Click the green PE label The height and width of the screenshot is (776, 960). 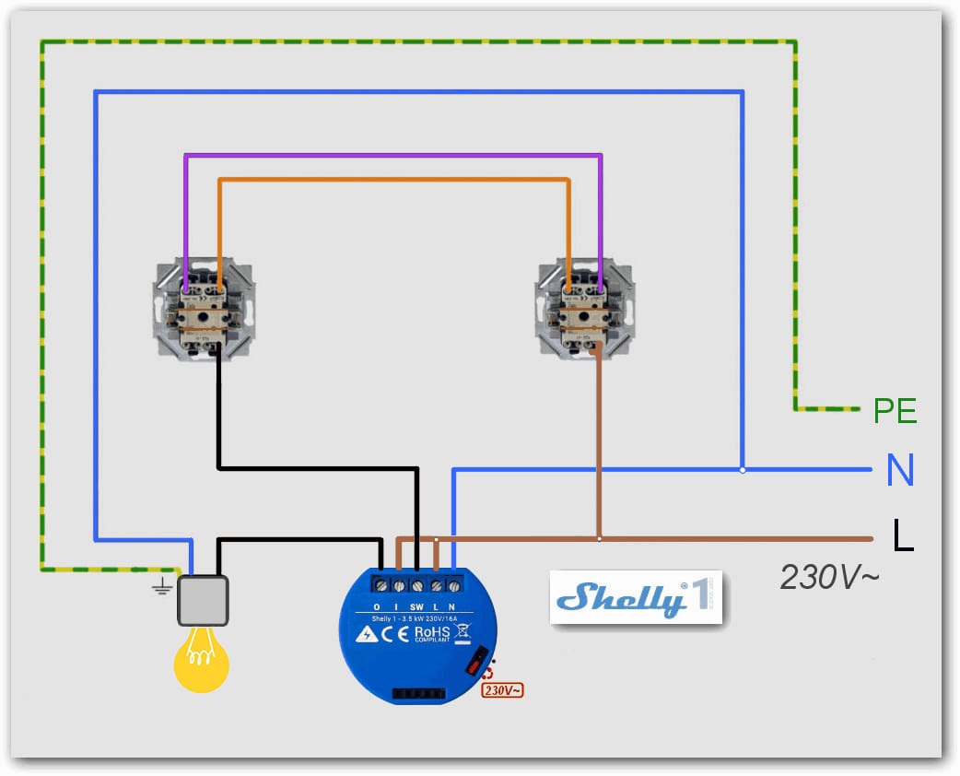[895, 410]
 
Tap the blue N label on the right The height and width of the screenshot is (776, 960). [900, 471]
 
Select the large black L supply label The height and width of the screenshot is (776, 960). [903, 535]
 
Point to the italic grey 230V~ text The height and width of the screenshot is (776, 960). [829, 578]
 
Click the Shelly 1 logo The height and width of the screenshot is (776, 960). [636, 597]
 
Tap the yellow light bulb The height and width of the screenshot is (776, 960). [202, 659]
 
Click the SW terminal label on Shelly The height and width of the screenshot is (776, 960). [416, 606]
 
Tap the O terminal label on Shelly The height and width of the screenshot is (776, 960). [376, 606]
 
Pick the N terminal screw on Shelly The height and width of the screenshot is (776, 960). [452, 585]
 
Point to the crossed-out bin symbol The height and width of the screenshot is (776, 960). [462, 633]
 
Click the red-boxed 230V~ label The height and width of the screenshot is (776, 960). [502, 689]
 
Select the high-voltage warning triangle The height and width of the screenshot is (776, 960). [368, 635]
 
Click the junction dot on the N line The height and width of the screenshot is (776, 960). [743, 470]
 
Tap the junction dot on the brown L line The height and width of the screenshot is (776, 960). [600, 538]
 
